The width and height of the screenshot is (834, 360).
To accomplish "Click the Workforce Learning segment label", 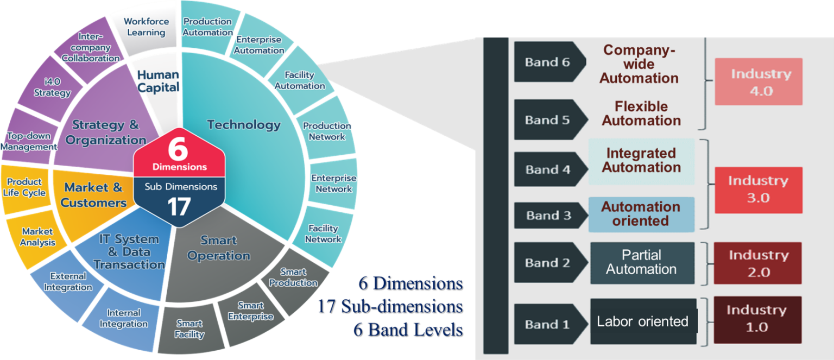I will [146, 27].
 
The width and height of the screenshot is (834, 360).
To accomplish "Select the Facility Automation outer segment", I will [300, 80].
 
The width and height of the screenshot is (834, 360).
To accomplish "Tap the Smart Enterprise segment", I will [250, 311].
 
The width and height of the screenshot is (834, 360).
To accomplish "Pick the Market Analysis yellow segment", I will [38, 237].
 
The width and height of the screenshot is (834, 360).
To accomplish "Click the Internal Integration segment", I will [123, 319].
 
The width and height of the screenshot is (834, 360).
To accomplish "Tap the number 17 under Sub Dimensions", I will [179, 206].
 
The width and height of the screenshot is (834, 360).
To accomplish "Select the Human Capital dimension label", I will [158, 81].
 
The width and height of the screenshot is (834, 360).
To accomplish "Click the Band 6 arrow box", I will [548, 62].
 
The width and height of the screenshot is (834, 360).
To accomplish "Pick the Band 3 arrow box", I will [548, 216].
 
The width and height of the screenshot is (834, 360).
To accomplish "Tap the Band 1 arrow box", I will [548, 325].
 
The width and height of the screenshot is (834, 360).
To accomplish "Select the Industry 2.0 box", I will [758, 263].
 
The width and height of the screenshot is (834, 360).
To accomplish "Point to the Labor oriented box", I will [643, 321].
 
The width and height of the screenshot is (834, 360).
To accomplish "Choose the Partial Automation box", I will [642, 263].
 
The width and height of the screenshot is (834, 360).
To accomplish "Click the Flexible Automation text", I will [641, 113].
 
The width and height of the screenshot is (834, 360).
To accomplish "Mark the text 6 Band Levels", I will [407, 330].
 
